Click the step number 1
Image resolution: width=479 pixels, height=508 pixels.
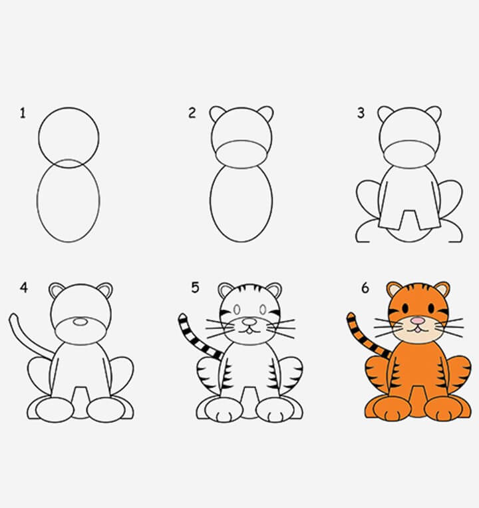coord(23,114)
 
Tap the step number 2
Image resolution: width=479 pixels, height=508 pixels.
coord(192,113)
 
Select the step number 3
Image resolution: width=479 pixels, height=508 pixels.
coord(361,113)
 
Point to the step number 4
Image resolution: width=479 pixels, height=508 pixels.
coord(24,288)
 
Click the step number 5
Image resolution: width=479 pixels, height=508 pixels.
coord(195,288)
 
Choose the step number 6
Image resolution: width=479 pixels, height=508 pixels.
coord(365,288)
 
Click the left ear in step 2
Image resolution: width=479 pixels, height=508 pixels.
coord(218,114)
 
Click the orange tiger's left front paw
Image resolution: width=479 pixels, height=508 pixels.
coord(391,409)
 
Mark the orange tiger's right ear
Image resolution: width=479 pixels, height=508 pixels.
coord(441,290)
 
